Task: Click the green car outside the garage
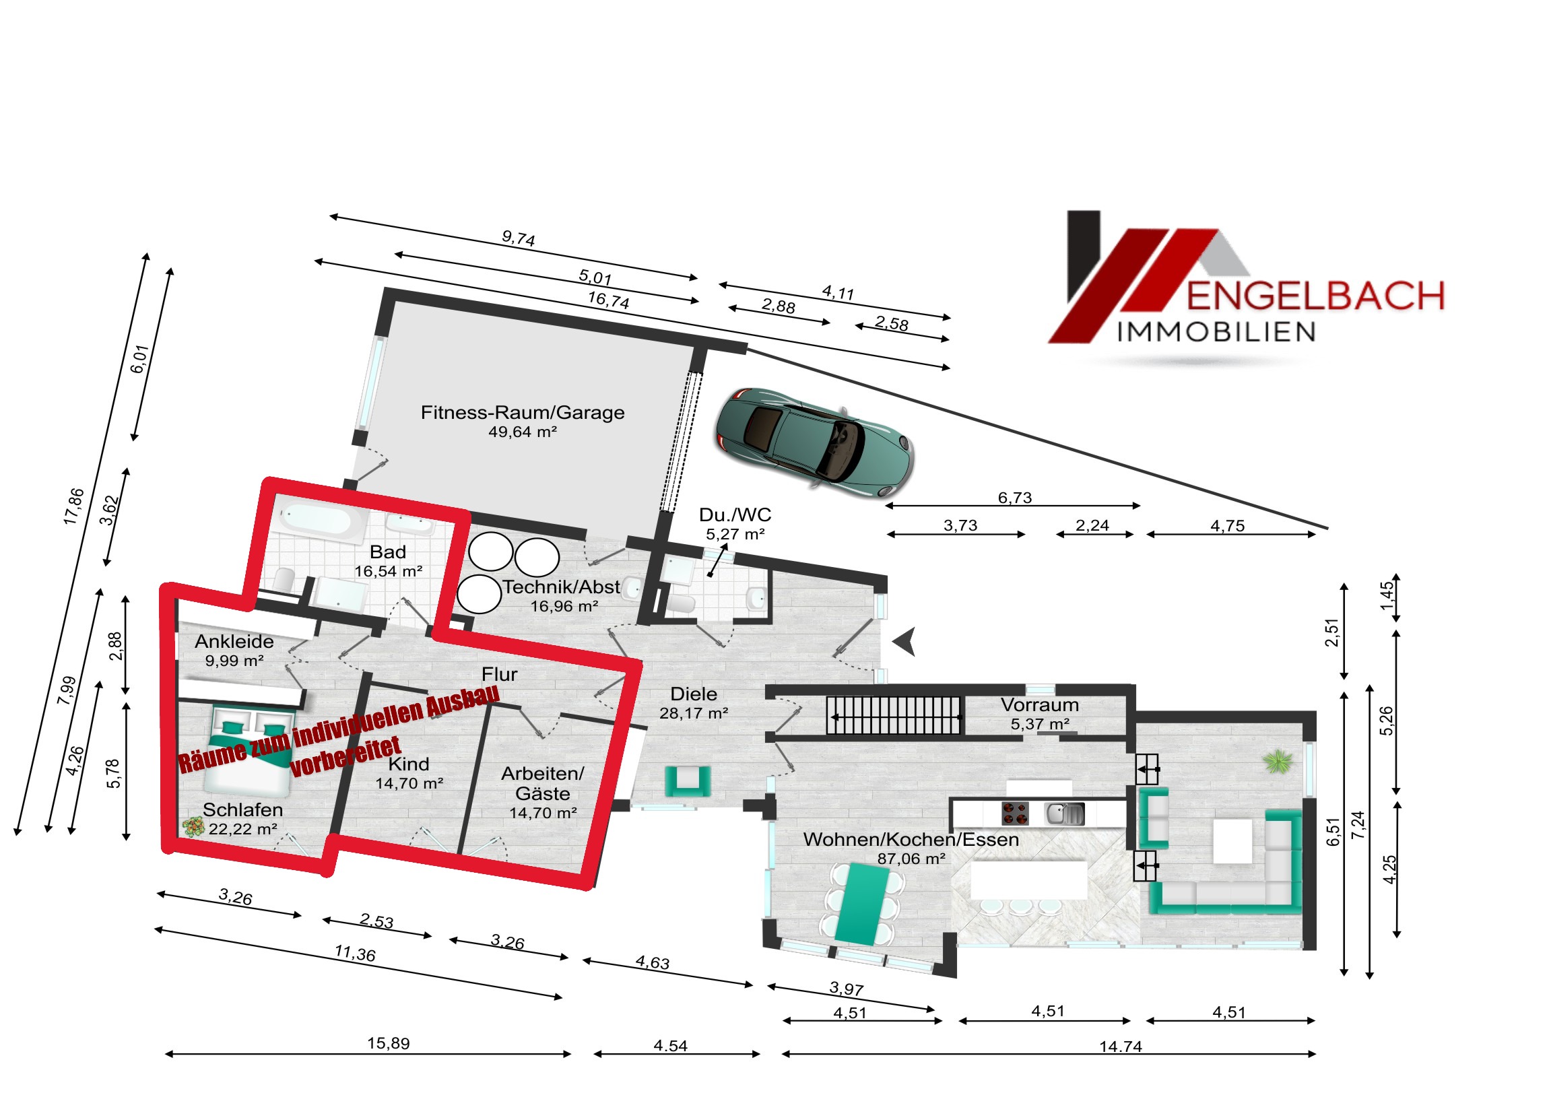tap(814, 442)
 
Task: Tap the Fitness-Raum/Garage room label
tap(522, 412)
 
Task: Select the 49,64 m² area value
tap(522, 432)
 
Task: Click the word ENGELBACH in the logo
tap(1315, 296)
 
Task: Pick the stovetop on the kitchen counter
tap(1015, 813)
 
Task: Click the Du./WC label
tap(735, 515)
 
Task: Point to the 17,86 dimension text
tap(73, 506)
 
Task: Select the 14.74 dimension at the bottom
tap(1121, 1047)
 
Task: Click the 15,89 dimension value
tap(388, 1043)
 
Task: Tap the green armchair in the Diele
tap(688, 781)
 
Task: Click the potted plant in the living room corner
tap(1278, 762)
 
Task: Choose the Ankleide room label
tap(234, 642)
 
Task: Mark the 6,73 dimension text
tap(1015, 498)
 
